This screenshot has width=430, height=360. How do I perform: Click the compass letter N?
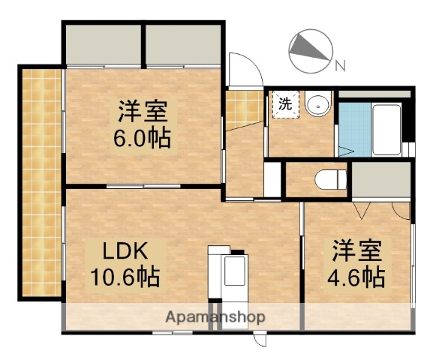click(340, 66)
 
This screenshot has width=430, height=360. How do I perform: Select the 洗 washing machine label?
click(285, 104)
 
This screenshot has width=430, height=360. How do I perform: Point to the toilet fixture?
click(330, 180)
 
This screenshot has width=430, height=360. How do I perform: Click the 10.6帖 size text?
click(125, 278)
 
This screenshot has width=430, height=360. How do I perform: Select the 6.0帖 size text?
click(143, 138)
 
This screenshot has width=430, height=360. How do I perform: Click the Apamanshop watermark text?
click(215, 316)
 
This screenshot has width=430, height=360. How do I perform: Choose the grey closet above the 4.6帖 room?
click(381, 181)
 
